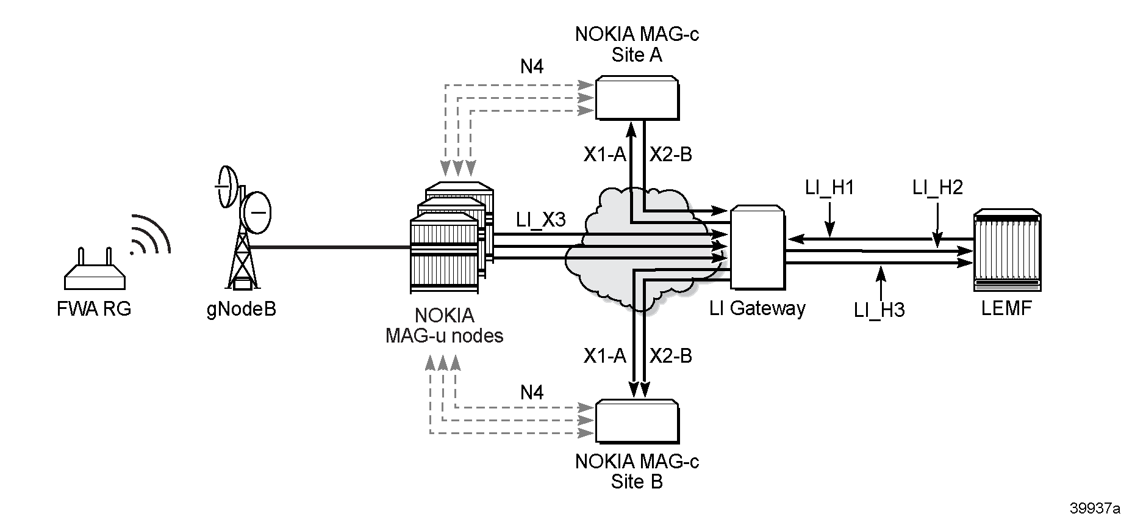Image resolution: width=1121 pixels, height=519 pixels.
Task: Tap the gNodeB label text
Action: coord(241,309)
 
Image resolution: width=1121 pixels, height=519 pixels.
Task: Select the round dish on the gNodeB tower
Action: coord(257,212)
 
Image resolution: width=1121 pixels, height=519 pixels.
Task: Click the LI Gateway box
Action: coord(757,247)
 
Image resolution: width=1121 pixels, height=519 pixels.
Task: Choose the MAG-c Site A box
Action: coord(637,98)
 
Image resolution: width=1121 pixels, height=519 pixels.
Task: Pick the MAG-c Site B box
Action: coord(637,421)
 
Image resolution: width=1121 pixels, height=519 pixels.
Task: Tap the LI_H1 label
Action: coord(829,187)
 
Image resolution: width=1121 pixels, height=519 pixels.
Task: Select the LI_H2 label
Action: coord(937,187)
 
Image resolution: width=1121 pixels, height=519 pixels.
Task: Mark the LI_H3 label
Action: coord(879,310)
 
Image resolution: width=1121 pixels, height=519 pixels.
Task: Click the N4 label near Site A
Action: coord(532,66)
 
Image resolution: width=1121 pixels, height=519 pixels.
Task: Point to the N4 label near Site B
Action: coord(532,392)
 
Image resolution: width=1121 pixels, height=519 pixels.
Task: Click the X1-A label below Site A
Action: coord(605,155)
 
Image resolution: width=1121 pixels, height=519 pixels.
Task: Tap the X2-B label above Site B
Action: coord(671,355)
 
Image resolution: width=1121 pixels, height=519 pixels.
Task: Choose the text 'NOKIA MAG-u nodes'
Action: coord(445,325)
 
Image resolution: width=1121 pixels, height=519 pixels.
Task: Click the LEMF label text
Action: coord(1006,308)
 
